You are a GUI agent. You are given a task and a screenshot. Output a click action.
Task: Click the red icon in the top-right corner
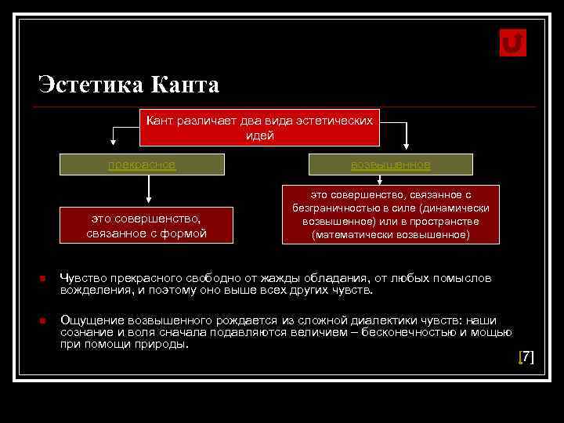512,43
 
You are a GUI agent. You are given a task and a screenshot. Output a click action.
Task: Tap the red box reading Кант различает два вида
259,127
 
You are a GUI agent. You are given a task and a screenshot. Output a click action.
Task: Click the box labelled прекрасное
143,164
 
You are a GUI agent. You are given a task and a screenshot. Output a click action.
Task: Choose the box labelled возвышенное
390,164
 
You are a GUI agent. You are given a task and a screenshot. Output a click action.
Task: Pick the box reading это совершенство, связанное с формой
146,226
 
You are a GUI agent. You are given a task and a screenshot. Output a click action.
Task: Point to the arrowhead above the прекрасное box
114,142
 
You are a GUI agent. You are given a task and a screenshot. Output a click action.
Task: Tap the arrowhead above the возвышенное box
406,144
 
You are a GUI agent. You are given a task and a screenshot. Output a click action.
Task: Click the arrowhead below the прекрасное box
146,201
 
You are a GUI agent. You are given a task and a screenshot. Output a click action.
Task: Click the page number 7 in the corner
527,357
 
